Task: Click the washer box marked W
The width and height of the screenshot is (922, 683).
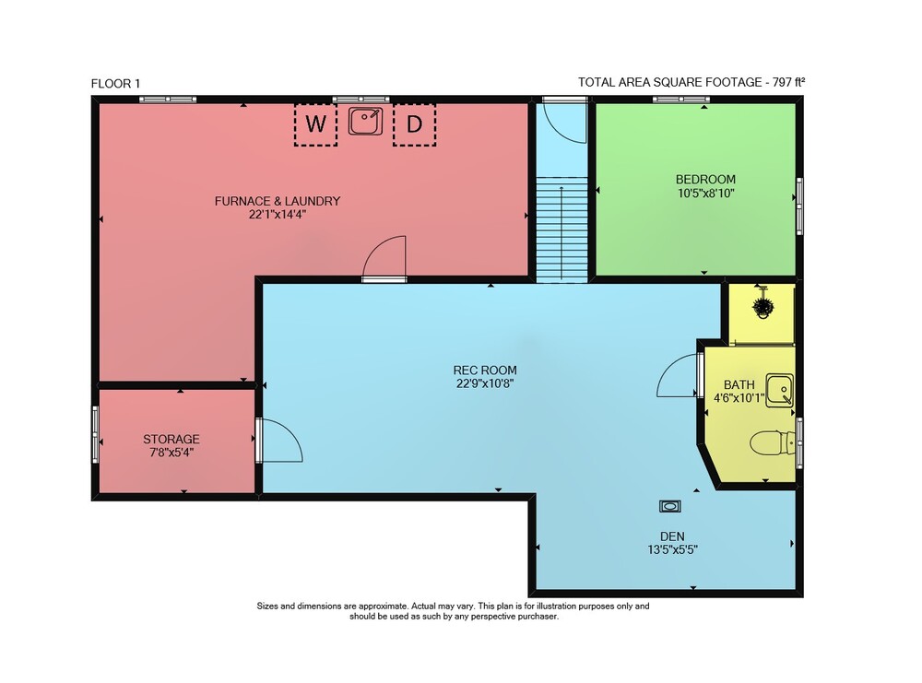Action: click(315, 124)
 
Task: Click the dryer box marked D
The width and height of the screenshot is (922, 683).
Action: click(415, 124)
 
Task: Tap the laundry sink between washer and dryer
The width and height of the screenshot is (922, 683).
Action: click(365, 121)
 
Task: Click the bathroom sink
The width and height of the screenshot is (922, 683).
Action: click(780, 390)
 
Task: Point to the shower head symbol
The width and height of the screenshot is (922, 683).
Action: click(762, 306)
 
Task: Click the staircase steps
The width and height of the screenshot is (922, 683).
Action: click(561, 229)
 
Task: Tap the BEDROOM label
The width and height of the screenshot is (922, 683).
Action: click(705, 179)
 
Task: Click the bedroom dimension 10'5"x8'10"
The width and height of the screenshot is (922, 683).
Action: click(705, 194)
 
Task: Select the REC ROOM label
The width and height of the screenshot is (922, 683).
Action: click(485, 371)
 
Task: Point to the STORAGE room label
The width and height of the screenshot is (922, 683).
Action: click(171, 439)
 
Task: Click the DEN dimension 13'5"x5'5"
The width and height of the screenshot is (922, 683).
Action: click(672, 550)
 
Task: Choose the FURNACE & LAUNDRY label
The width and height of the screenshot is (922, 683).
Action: click(278, 201)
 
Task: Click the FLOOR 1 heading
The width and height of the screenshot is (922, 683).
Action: click(116, 84)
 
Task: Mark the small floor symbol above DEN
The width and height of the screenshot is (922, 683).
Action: click(669, 506)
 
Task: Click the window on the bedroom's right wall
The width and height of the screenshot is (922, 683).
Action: click(799, 206)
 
